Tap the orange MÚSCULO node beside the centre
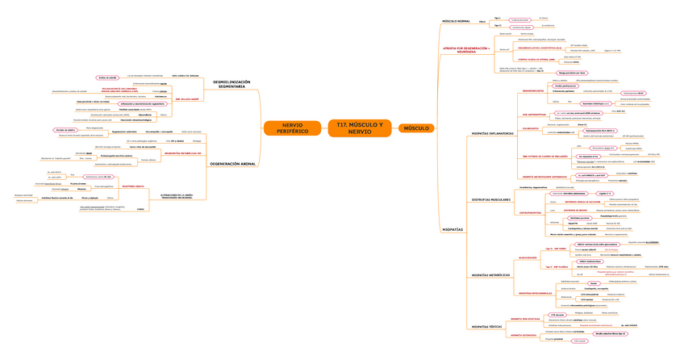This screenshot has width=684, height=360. (416, 128)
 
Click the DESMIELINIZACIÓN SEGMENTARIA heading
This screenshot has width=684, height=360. (231, 84)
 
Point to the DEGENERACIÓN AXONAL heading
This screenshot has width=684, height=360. (232, 164)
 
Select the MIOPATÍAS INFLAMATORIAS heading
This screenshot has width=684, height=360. (492, 133)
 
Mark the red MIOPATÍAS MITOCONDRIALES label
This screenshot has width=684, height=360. (535, 292)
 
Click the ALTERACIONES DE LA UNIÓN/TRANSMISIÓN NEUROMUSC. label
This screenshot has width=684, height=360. (176, 197)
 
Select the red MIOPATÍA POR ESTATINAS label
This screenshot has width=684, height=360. (527, 319)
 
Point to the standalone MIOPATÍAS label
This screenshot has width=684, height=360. (453, 229)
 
